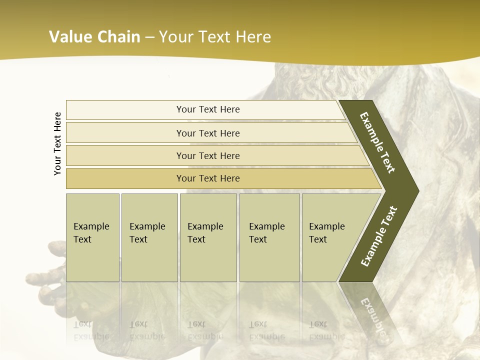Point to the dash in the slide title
point(149,37)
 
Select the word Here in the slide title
point(253,37)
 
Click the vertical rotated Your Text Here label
point(58,143)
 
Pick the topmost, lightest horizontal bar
point(208,109)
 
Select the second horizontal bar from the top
point(208,133)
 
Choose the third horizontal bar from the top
point(208,155)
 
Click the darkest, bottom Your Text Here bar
point(208,178)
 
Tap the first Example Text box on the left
point(92,237)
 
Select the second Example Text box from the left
point(149,237)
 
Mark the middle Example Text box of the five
point(208,237)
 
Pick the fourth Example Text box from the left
point(269,237)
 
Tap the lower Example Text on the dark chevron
point(378,236)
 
